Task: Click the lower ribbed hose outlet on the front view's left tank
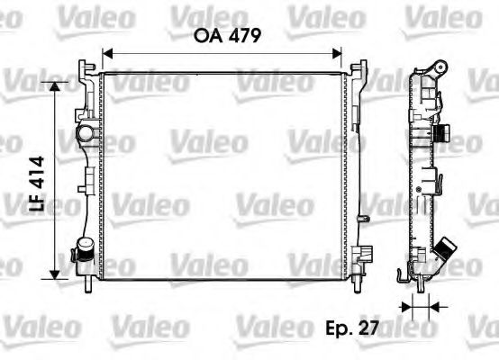pos(84,249)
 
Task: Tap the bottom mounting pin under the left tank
pos(89,284)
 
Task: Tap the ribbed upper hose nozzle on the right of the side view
pos(443,134)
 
